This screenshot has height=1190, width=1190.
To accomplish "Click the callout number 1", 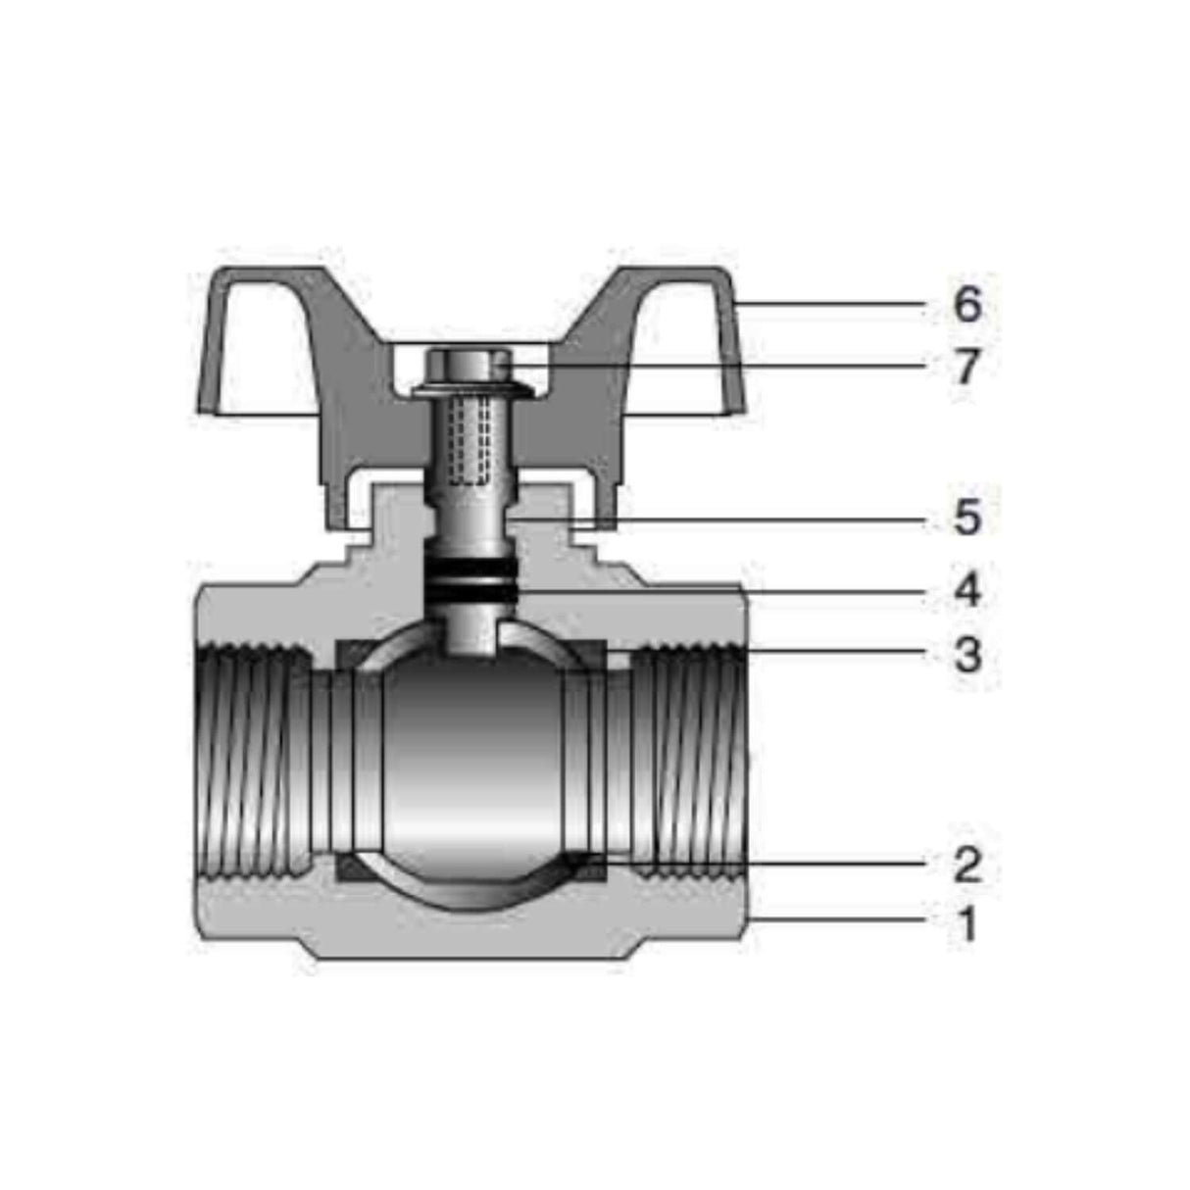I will (967, 923).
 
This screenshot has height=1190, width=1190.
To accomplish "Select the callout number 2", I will (967, 865).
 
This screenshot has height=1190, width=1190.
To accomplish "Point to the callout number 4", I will (967, 591).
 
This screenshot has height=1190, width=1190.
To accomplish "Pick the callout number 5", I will (967, 518).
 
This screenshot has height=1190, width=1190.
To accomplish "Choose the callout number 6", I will (967, 305).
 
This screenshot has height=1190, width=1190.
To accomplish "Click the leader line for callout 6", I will (833, 305).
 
